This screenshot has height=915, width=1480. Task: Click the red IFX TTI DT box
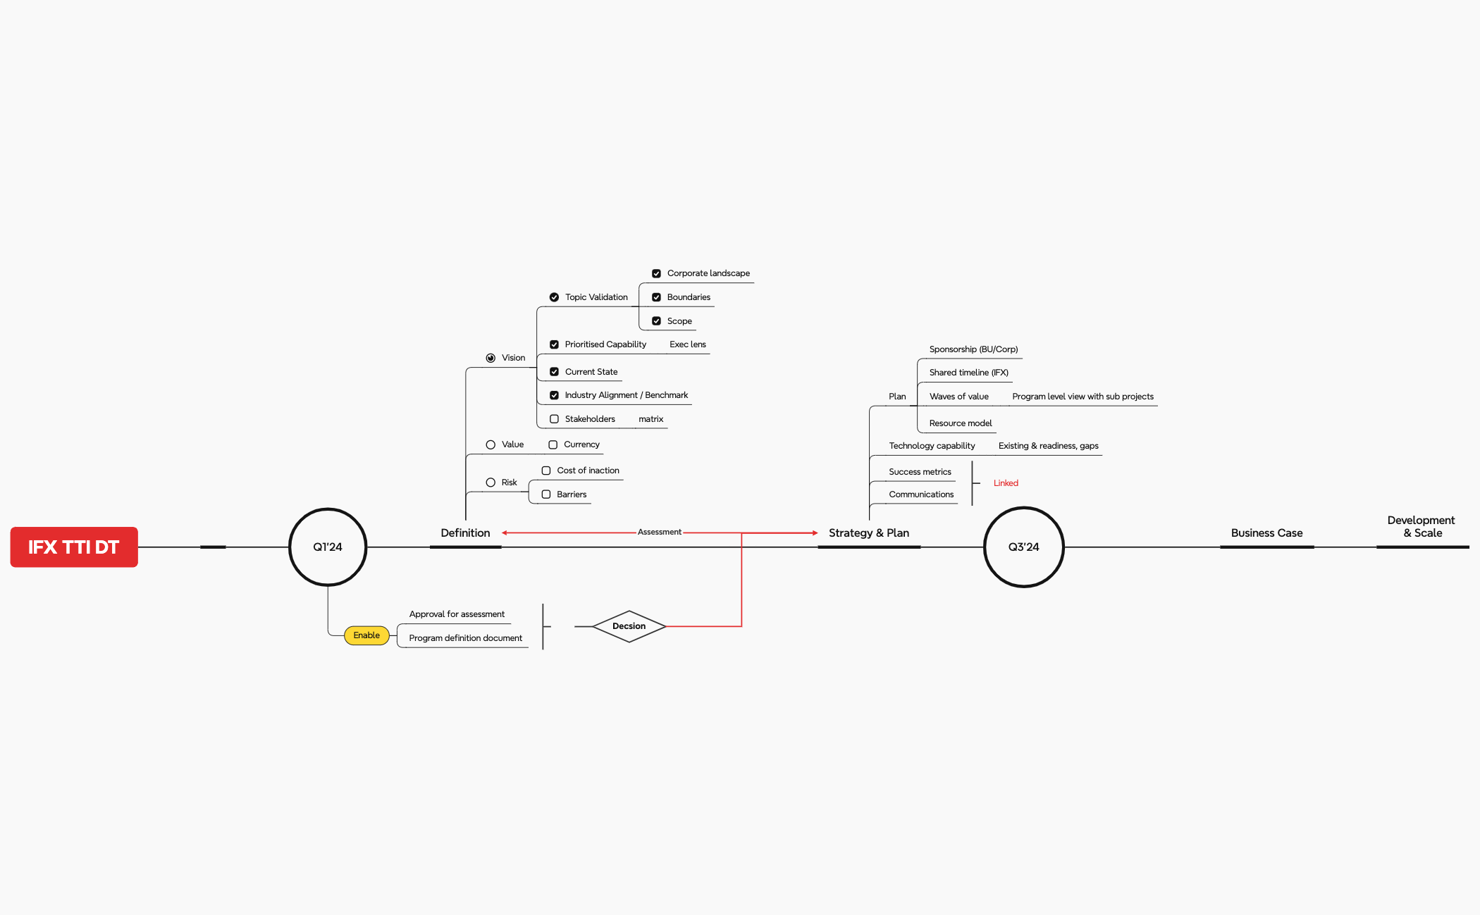click(74, 547)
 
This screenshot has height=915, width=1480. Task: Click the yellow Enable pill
click(366, 635)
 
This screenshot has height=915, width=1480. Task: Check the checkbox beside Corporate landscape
click(656, 273)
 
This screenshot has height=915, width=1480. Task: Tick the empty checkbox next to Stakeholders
click(554, 419)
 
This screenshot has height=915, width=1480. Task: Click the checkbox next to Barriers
click(546, 494)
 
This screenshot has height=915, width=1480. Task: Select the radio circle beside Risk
click(491, 483)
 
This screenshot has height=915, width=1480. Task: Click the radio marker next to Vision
click(491, 358)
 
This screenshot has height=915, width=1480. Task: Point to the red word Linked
click(1006, 483)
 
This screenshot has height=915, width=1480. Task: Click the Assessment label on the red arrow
click(660, 532)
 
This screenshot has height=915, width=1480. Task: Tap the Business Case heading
click(1266, 533)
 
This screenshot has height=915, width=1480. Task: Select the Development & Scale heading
click(1422, 526)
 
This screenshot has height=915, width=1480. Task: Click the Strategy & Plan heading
click(869, 533)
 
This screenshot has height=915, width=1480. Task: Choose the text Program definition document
click(466, 638)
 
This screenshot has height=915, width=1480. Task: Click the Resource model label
click(961, 423)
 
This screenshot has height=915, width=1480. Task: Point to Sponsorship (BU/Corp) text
click(973, 349)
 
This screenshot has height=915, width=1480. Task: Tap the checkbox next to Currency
click(553, 444)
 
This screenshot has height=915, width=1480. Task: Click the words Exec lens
click(688, 344)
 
